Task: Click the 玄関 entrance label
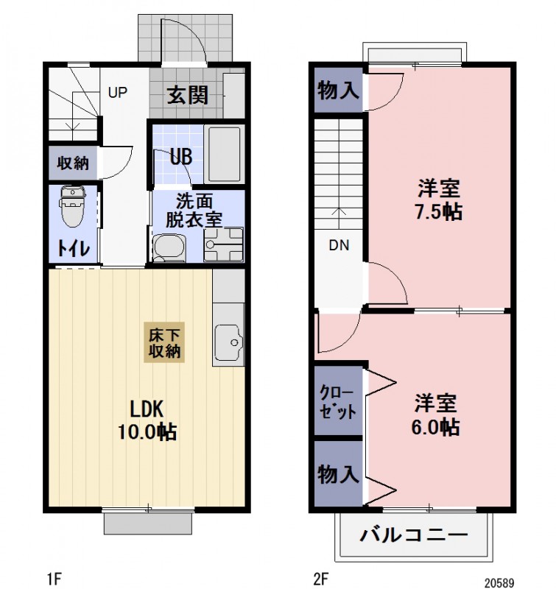pyautogui.click(x=186, y=94)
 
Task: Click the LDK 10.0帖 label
pyautogui.click(x=147, y=420)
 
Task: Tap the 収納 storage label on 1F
pyautogui.click(x=73, y=163)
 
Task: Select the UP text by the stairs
pyautogui.click(x=118, y=93)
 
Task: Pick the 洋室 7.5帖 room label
pyautogui.click(x=439, y=200)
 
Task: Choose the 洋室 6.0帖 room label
pyautogui.click(x=437, y=415)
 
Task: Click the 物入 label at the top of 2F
pyautogui.click(x=338, y=91)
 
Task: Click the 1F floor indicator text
pyautogui.click(x=54, y=579)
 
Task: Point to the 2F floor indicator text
pyautogui.click(x=320, y=579)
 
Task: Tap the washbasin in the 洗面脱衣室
pyautogui.click(x=169, y=247)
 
